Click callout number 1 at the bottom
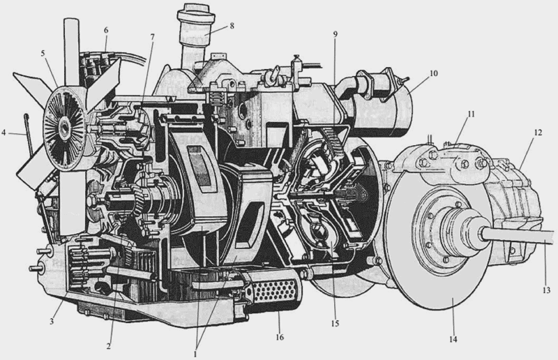[x=195, y=354]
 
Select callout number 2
[x=109, y=345]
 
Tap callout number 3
[x=52, y=322]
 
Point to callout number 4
[x=4, y=133]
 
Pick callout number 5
[x=43, y=54]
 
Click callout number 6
[x=106, y=31]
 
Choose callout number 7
[x=152, y=37]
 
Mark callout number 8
[x=232, y=26]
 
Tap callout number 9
[x=335, y=34]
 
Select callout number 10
[x=433, y=73]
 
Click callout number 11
[x=472, y=114]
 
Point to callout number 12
[x=538, y=133]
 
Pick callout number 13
[x=546, y=290]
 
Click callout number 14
[x=453, y=339]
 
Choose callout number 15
[x=335, y=323]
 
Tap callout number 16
[x=280, y=337]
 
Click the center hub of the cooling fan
[x=65, y=127]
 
